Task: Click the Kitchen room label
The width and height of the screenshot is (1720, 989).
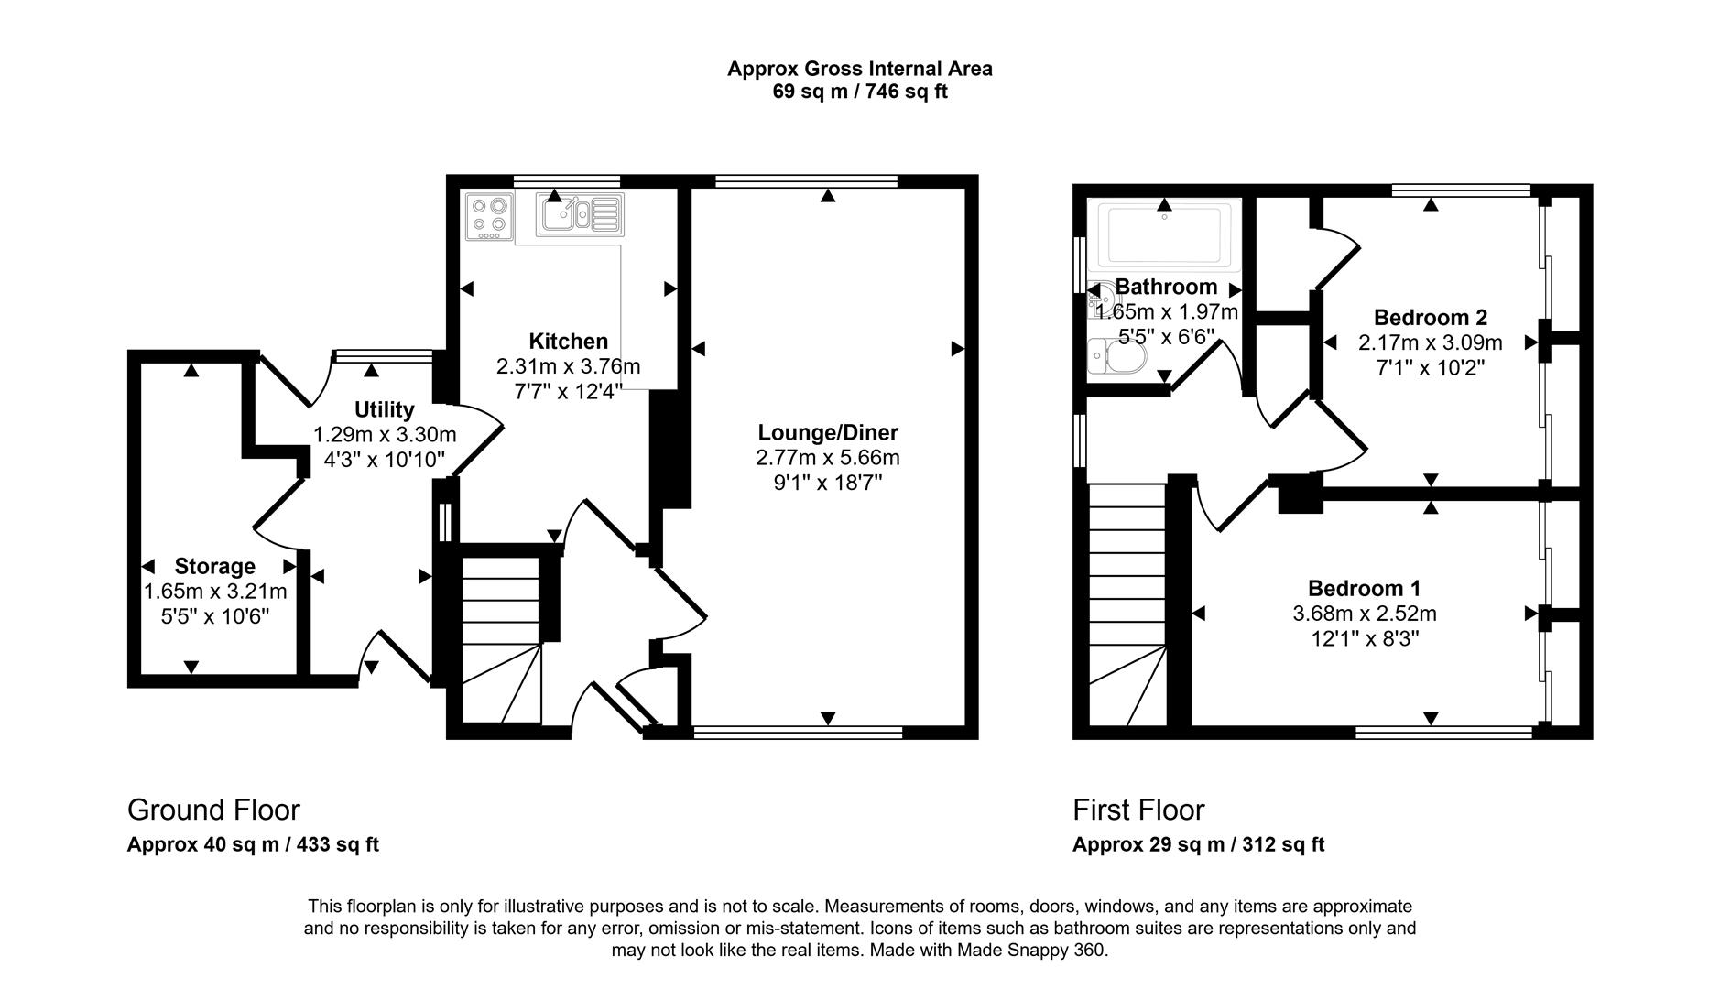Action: pos(568,342)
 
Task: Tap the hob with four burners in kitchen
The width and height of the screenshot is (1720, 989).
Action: pos(489,217)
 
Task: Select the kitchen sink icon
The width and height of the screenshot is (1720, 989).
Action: pos(580,216)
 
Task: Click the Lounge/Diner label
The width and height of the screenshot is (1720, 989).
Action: pos(828,432)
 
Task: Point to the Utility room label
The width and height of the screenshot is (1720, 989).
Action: pos(384,409)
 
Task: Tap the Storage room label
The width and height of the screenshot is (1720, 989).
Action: pos(214,566)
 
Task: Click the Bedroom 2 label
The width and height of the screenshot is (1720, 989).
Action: pos(1430,318)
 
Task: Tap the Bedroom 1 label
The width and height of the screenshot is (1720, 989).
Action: pos(1364,588)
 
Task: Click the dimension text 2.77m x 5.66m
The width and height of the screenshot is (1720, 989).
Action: pos(828,457)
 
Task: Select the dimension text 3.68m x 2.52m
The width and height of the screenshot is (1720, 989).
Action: pos(1364,614)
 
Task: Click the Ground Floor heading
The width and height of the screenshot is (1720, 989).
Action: pos(213,810)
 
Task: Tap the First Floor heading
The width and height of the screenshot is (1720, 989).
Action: pos(1138,810)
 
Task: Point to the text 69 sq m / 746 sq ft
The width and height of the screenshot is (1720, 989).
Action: pos(859,92)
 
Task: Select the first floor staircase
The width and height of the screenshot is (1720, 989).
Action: pos(1127,604)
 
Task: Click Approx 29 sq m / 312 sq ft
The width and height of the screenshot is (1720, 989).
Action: pos(1198,844)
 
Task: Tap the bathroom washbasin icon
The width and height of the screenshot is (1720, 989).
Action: pos(1102,299)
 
